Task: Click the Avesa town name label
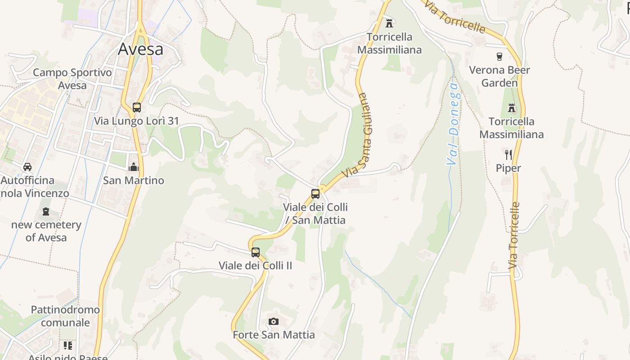pyautogui.click(x=140, y=49)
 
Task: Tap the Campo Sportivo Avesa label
pyautogui.click(x=72, y=79)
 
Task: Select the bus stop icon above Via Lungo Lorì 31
pyautogui.click(x=137, y=108)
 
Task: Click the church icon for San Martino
pyautogui.click(x=133, y=167)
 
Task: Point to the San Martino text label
pyautogui.click(x=134, y=180)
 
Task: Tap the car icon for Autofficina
pyautogui.click(x=27, y=167)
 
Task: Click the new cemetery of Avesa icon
pyautogui.click(x=45, y=211)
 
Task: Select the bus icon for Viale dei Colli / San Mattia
pyautogui.click(x=315, y=194)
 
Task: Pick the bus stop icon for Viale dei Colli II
pyautogui.click(x=256, y=252)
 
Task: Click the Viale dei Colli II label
pyautogui.click(x=255, y=265)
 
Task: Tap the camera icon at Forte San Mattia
pyautogui.click(x=273, y=321)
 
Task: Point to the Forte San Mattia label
pyautogui.click(x=274, y=335)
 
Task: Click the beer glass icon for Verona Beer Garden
pyautogui.click(x=499, y=57)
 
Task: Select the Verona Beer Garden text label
pyautogui.click(x=499, y=76)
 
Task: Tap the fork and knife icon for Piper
pyautogui.click(x=508, y=155)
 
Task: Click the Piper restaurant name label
pyautogui.click(x=508, y=168)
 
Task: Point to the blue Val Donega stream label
pyautogui.click(x=454, y=124)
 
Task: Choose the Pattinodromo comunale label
pyautogui.click(x=65, y=316)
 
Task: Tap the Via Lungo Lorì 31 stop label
pyautogui.click(x=136, y=121)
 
